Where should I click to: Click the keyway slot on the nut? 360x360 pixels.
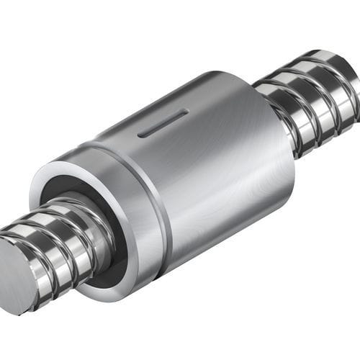163,123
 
